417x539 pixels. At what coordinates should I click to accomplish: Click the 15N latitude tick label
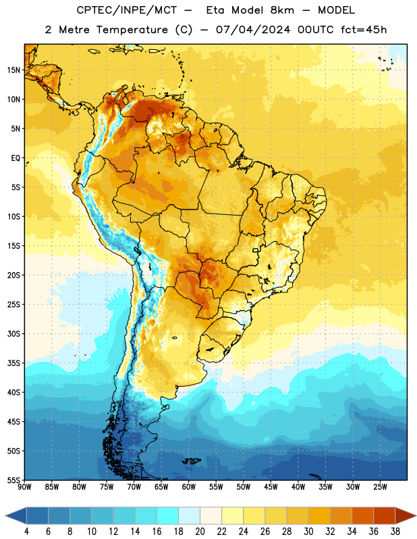click(13, 70)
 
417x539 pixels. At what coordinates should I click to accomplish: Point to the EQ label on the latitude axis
click(16, 158)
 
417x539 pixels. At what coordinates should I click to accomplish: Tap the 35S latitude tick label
click(13, 363)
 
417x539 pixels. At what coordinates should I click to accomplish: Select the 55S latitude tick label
click(13, 480)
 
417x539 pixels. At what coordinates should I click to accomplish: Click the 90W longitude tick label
click(24, 487)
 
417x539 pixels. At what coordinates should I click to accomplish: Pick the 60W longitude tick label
click(189, 487)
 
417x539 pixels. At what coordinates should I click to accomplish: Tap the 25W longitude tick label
click(380, 487)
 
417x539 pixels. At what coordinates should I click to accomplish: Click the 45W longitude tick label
click(271, 487)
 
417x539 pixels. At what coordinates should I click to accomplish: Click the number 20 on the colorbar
click(200, 532)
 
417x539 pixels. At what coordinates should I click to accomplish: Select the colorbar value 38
click(395, 532)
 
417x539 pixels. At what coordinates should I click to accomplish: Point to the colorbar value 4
click(26, 532)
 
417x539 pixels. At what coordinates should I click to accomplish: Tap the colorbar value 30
click(308, 532)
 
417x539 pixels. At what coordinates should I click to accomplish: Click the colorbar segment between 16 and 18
click(168, 515)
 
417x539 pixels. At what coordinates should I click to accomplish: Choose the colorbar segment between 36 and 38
click(385, 515)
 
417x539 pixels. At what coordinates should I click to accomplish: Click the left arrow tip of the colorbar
click(5, 515)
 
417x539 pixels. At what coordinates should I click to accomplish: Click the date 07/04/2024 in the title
click(253, 30)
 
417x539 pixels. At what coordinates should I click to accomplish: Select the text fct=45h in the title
click(364, 30)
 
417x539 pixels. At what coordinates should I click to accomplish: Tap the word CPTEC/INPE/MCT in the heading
click(126, 10)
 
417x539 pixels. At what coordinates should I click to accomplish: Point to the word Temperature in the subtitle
click(132, 30)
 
